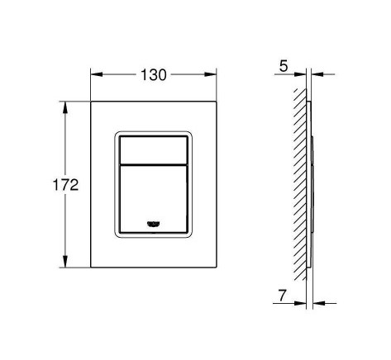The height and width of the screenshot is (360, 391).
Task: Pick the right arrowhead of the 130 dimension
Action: point(212,74)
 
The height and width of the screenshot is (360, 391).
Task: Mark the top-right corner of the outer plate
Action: point(216,102)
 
